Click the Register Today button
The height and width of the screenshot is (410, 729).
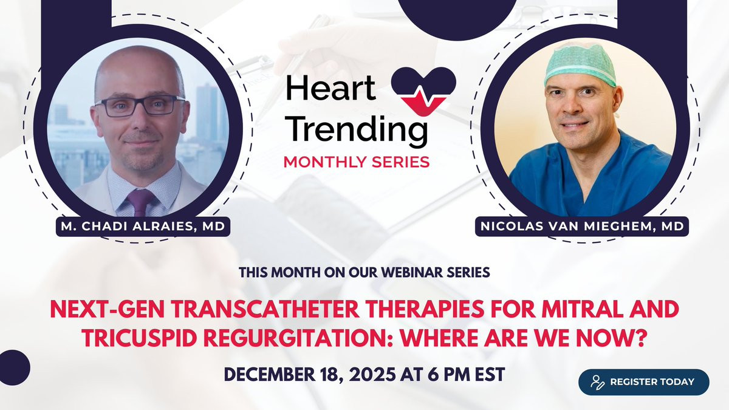pos(644,382)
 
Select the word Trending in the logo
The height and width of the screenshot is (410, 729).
pos(357,131)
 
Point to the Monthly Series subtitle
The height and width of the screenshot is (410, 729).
pos(357,162)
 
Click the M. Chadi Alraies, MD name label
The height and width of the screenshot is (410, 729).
pos(143,227)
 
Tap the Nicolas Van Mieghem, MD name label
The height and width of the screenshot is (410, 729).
pos(582,227)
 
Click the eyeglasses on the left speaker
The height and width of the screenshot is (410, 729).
pos(140,106)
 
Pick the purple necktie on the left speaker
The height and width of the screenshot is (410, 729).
pos(140,202)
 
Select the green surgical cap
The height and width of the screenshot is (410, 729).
pos(580,63)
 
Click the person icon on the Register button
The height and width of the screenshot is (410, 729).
pos(598,382)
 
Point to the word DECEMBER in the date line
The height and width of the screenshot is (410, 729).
pos(270,374)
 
